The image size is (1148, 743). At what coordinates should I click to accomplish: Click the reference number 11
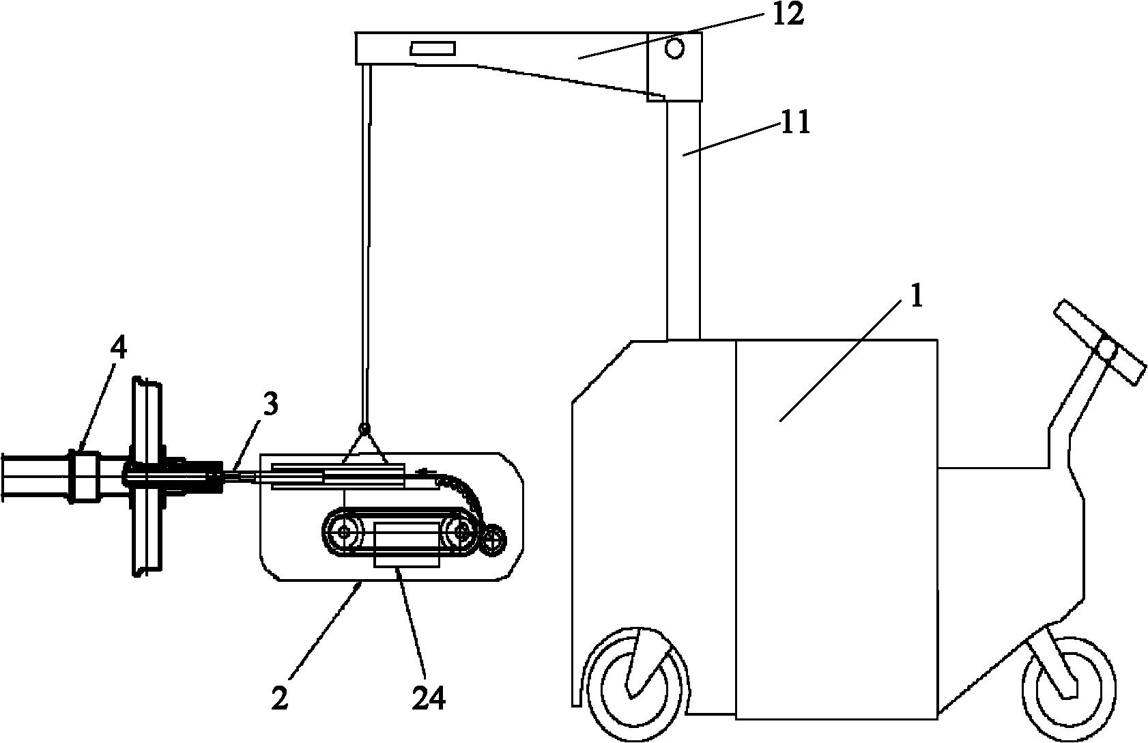tap(794, 123)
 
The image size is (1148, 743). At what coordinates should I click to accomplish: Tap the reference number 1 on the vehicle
tap(915, 297)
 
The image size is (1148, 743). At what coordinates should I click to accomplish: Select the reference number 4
tap(118, 349)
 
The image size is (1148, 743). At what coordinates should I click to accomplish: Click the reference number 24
tap(429, 698)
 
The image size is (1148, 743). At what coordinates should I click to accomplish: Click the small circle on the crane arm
tap(674, 48)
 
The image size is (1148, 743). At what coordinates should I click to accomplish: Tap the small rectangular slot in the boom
tap(433, 48)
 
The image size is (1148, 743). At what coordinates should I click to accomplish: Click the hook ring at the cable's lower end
tap(364, 427)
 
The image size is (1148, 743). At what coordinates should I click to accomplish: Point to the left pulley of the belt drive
tap(342, 532)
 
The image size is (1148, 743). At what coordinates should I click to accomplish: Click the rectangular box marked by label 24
tap(407, 544)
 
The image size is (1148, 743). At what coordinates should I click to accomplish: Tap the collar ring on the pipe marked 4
tap(84, 475)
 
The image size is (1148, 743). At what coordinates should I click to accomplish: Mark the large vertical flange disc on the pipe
tap(147, 477)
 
